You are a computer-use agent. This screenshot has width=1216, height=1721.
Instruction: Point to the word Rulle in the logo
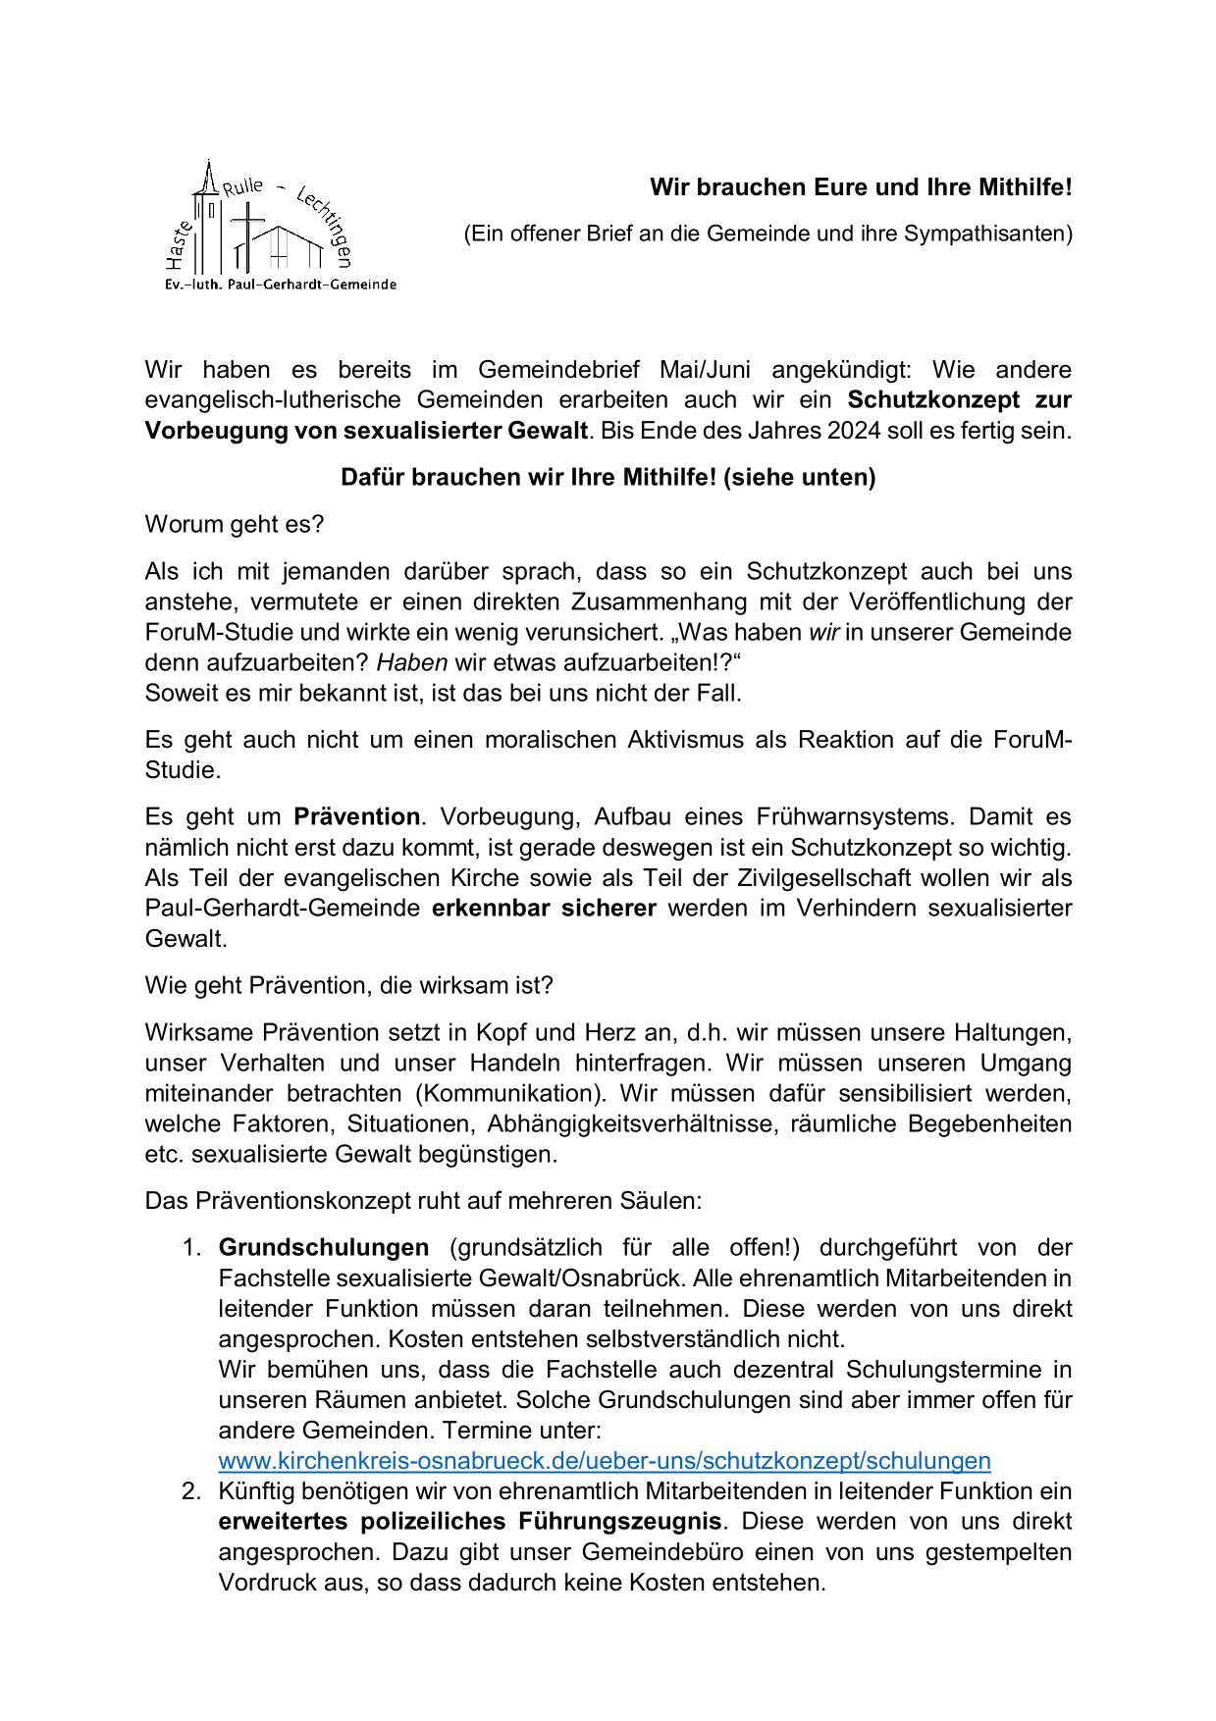(x=243, y=187)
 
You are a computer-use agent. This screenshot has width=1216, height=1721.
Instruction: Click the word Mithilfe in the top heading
(x=1019, y=186)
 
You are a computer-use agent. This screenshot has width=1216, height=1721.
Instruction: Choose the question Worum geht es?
(x=235, y=524)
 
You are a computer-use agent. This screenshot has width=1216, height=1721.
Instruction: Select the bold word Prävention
(x=357, y=816)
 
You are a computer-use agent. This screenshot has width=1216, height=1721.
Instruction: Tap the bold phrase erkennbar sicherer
(x=544, y=908)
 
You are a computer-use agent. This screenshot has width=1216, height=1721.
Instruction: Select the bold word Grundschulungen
(x=324, y=1247)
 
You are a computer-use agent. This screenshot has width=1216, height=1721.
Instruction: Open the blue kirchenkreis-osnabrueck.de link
(x=605, y=1460)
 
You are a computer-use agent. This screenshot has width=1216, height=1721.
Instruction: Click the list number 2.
(x=191, y=1491)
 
